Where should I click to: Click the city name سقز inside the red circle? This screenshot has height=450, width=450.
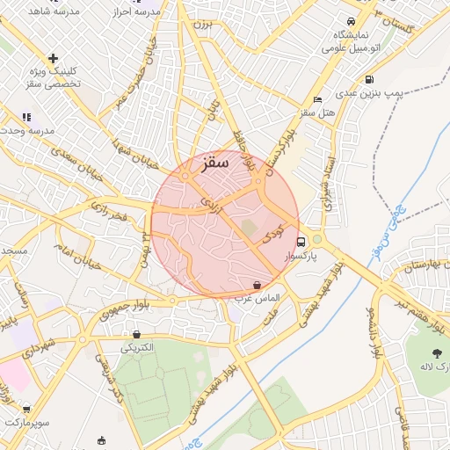click(214, 162)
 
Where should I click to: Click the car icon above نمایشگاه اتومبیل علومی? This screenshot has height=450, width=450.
click(351, 21)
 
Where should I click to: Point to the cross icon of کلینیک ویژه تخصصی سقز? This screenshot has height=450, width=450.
click(54, 58)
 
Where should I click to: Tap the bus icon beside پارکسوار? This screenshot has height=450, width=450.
click(301, 242)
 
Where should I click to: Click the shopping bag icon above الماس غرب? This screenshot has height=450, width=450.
click(256, 285)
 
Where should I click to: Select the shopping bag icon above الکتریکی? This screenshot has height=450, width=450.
click(136, 334)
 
